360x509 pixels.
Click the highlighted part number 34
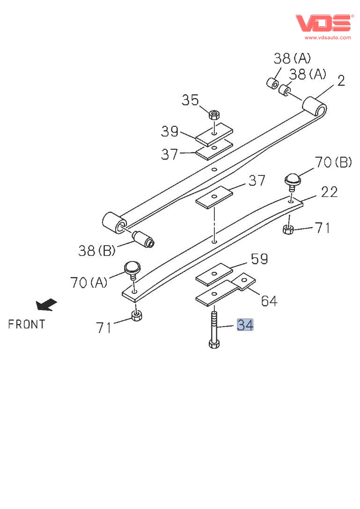pyautogui.click(x=245, y=324)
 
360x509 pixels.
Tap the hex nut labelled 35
pyautogui.click(x=214, y=114)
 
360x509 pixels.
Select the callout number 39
pyautogui.click(x=169, y=131)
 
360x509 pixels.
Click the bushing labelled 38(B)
pyautogui.click(x=144, y=239)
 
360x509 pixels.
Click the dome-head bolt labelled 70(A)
pyautogui.click(x=132, y=269)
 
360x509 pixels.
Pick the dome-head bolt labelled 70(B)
pyautogui.click(x=293, y=179)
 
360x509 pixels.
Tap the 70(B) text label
pyautogui.click(x=333, y=162)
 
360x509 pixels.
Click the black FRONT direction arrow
pyautogui.click(x=46, y=305)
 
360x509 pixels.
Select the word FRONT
pyautogui.click(x=27, y=324)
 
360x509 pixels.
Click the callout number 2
pyautogui.click(x=341, y=81)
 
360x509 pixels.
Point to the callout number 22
pyautogui.click(x=329, y=191)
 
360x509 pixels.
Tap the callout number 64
pyautogui.click(x=269, y=301)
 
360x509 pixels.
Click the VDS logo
pyautogui.click(x=323, y=23)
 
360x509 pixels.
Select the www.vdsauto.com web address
pyautogui.click(x=327, y=37)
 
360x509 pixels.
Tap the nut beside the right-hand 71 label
pyautogui.click(x=289, y=229)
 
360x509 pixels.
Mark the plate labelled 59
pyautogui.click(x=214, y=275)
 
